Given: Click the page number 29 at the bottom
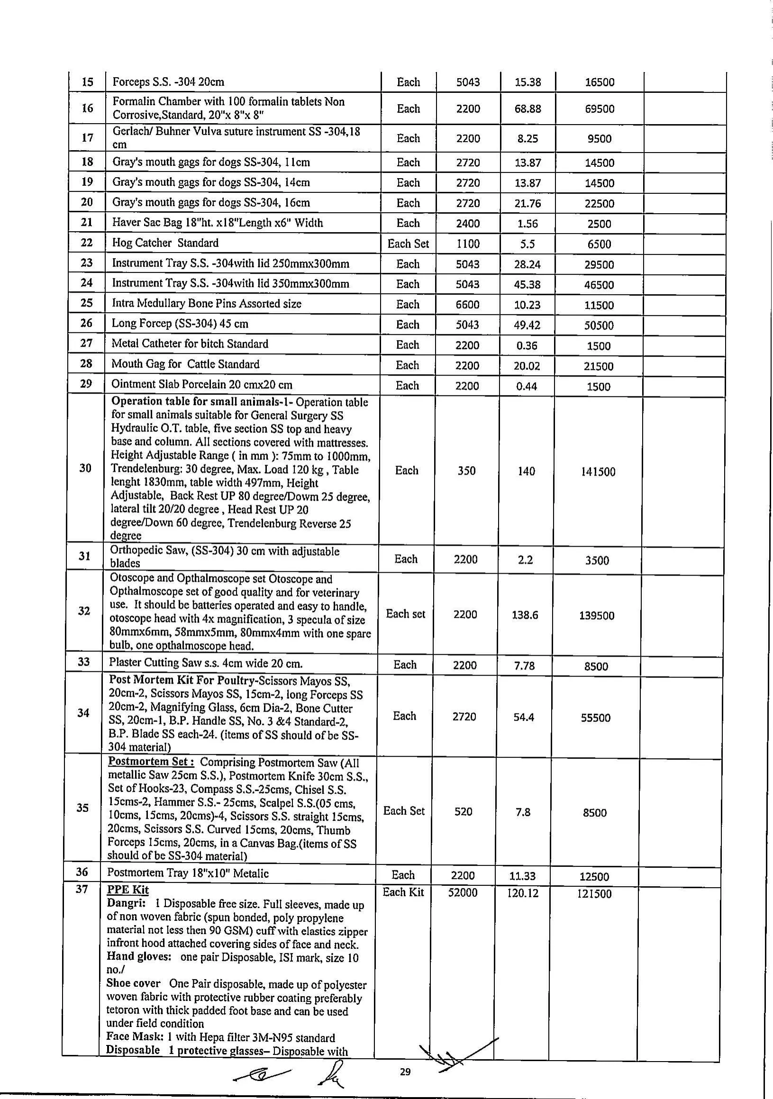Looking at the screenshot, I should pos(405,1072).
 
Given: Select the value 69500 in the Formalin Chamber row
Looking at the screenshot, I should pos(599,109).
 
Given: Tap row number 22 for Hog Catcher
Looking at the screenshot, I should pos(87,243).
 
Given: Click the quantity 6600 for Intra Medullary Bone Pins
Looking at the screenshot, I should pos(467,305).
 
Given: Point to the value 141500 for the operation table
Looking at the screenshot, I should pos(598,472).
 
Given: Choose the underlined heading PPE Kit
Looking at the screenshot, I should pos(127,890).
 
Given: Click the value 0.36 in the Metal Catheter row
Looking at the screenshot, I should pos(527,346).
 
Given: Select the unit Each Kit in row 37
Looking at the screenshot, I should pos(403,892).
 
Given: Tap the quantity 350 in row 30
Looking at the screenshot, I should pos(466,471).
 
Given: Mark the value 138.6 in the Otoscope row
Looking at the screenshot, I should pos(525,615).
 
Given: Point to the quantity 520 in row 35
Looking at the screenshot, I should pos(463,811).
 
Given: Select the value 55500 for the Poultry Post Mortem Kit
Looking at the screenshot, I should pos(595,718).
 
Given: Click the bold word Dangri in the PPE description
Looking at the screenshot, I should pos(122,903).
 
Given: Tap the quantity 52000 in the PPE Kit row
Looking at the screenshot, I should pos(463,892).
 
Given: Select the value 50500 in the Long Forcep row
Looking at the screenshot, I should pos(599,325).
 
